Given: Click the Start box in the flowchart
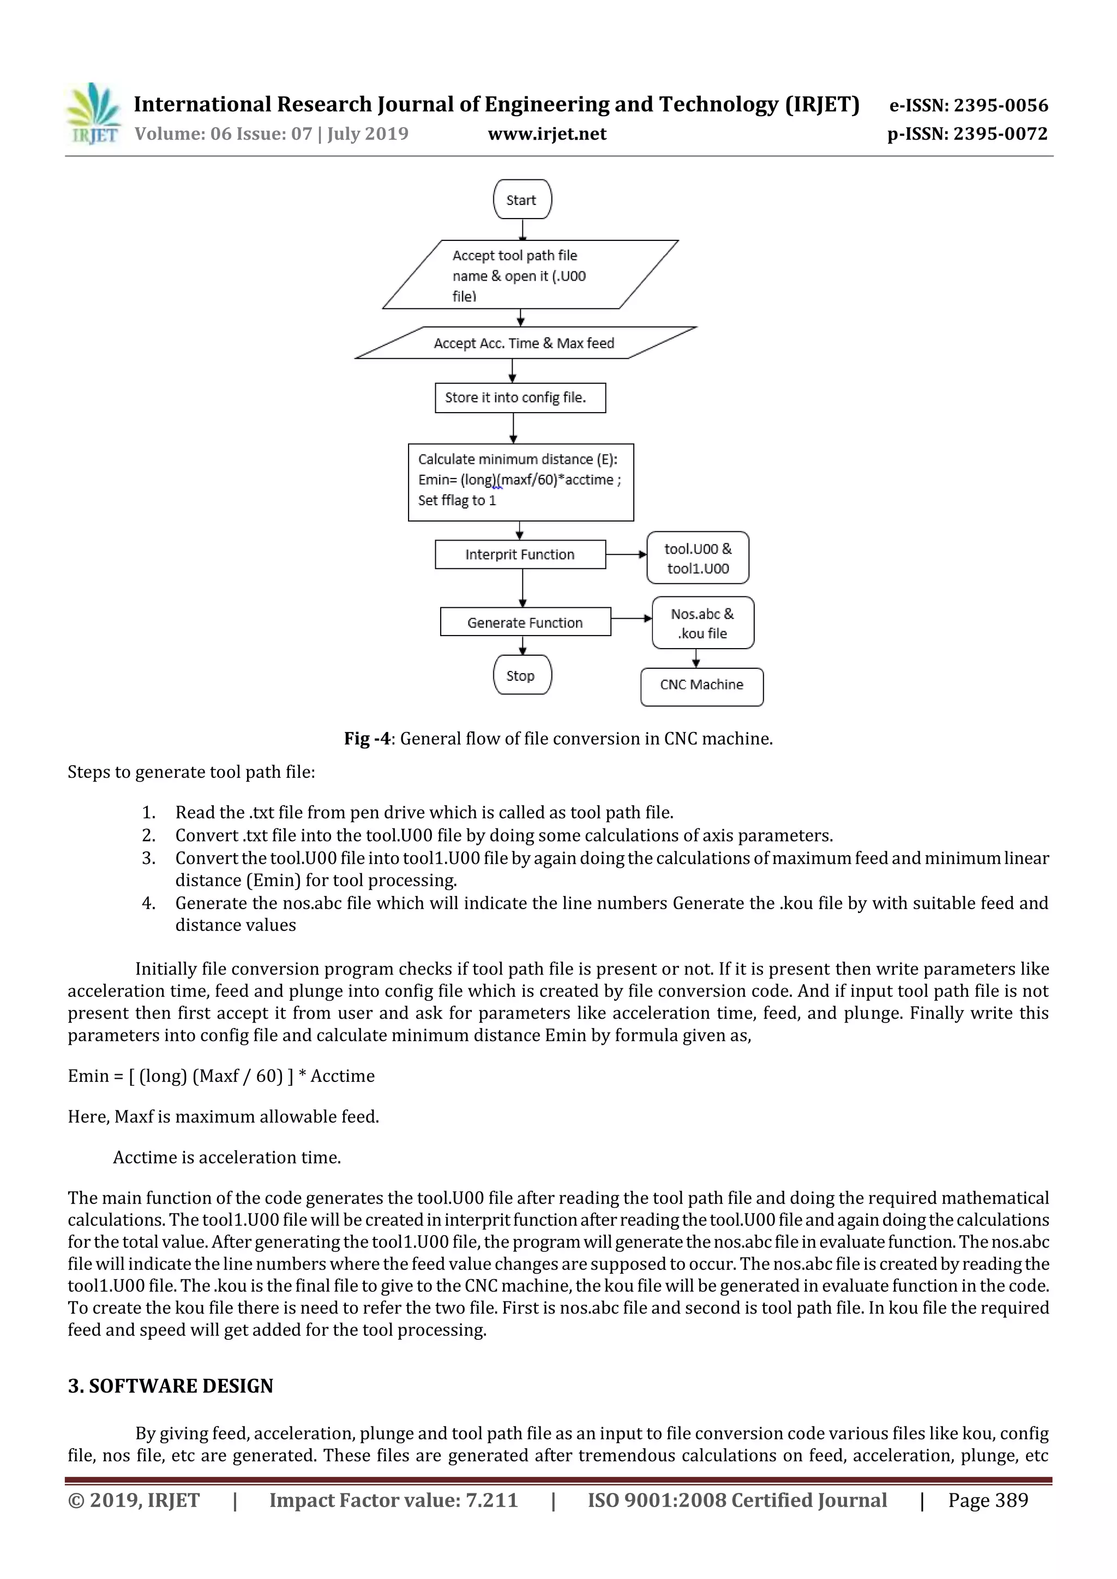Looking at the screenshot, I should [521, 199].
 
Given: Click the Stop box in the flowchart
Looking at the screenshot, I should [521, 675].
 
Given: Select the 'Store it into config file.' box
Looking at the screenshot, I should [520, 397].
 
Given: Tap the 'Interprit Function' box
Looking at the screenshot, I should [520, 554].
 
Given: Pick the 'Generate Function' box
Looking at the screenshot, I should [525, 622].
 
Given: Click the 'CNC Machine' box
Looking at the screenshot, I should [701, 686].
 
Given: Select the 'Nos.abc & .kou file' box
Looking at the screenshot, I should [702, 622].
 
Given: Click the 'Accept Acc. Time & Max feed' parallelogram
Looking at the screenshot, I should [525, 342].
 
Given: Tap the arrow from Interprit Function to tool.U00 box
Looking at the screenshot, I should [626, 554].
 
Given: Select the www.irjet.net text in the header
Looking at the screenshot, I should [547, 134].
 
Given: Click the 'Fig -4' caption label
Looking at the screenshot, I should [367, 739].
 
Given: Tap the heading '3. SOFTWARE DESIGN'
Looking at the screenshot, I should [170, 1385].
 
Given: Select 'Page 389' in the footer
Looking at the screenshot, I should [988, 1500].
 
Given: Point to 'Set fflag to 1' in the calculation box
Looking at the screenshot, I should [457, 500].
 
